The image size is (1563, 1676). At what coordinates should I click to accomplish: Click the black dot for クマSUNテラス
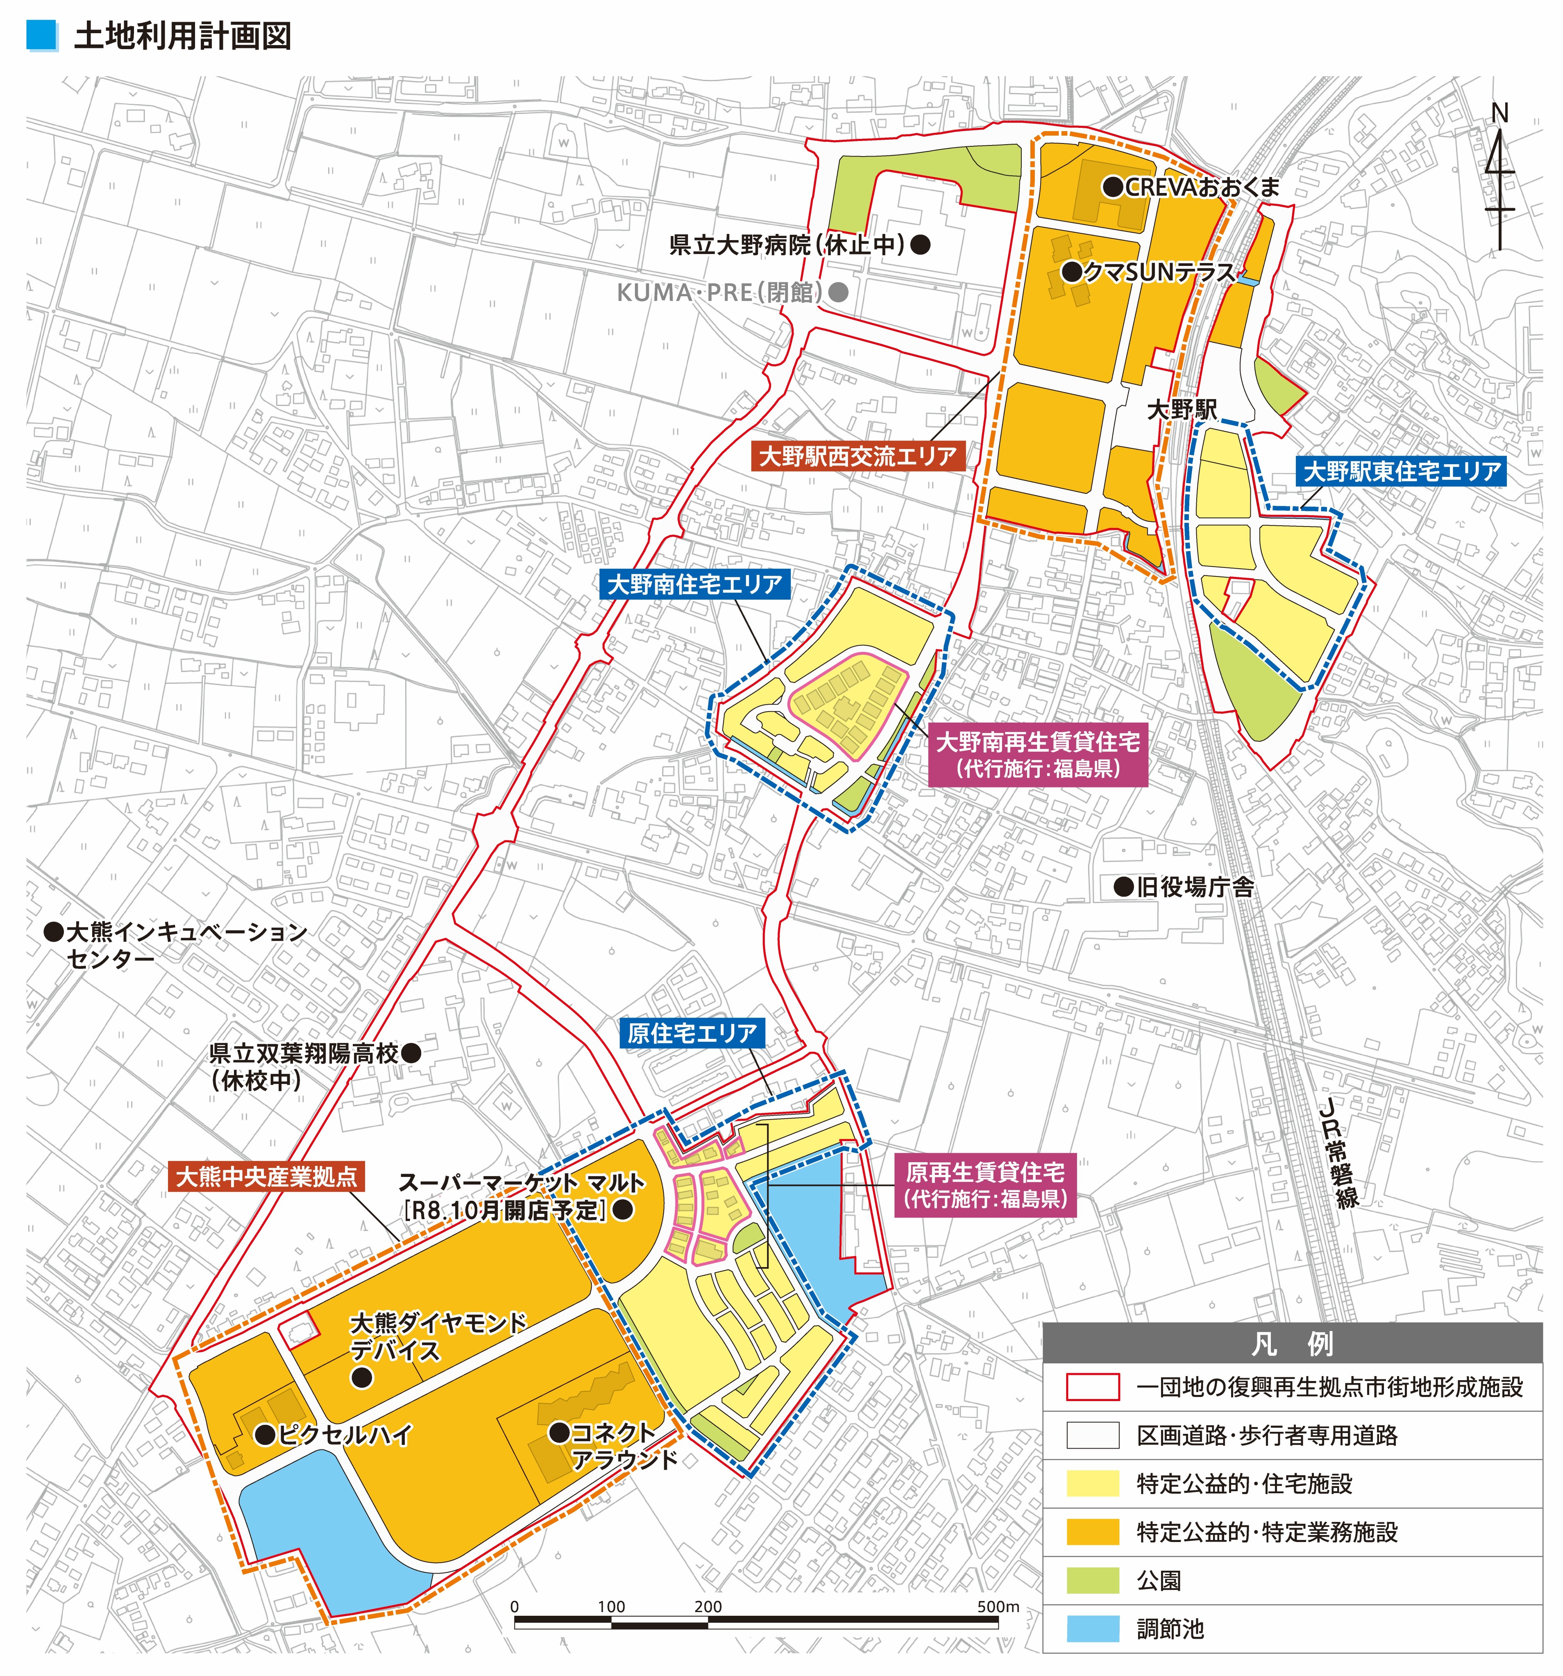[1071, 272]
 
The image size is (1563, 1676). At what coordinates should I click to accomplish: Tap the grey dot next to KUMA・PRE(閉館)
[838, 293]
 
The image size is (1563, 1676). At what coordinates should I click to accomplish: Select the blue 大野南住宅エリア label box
[695, 583]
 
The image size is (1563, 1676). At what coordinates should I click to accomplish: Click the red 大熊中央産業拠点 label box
[266, 1176]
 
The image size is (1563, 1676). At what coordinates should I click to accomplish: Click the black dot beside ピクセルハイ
[265, 1434]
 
